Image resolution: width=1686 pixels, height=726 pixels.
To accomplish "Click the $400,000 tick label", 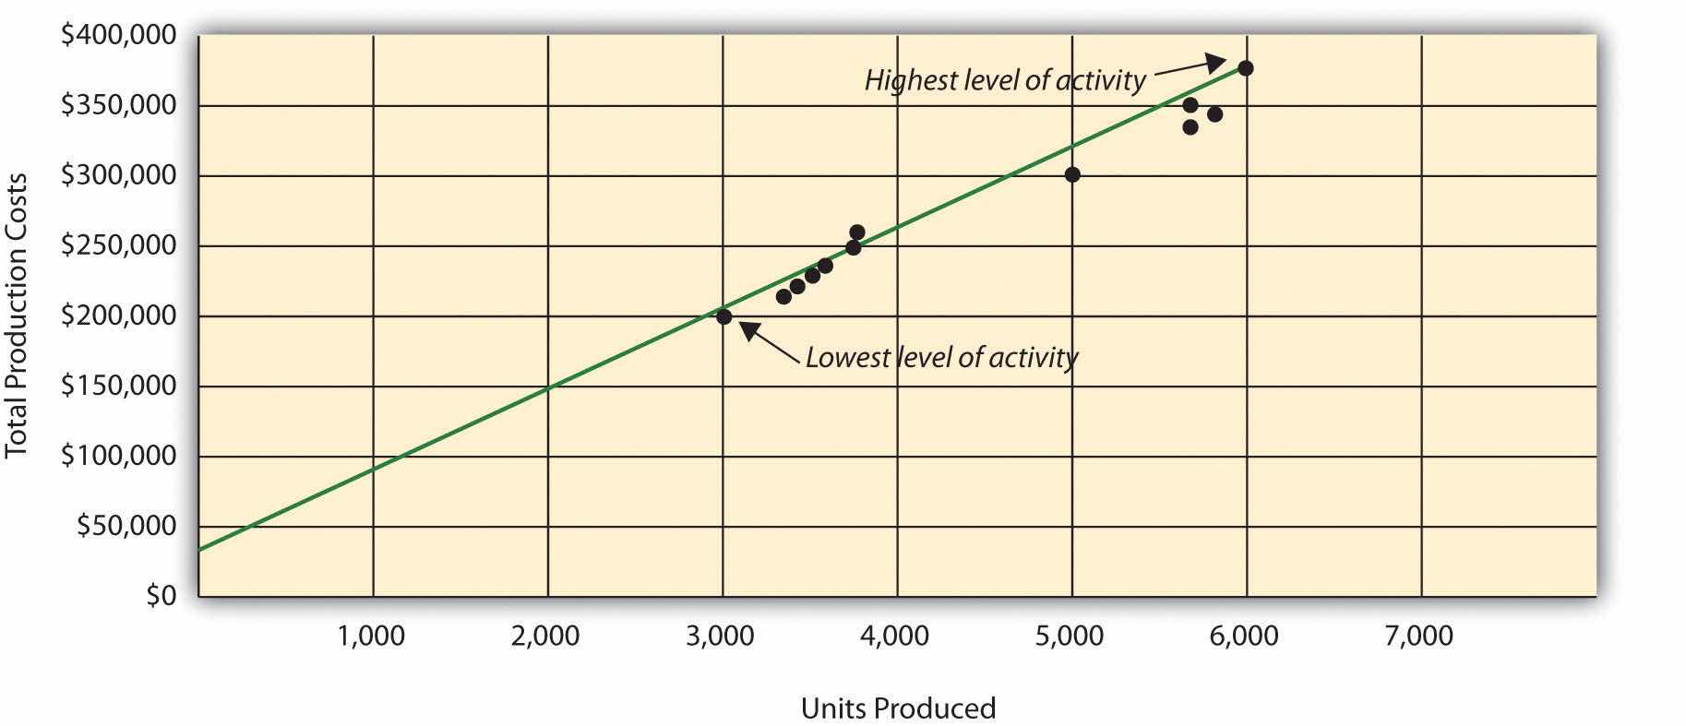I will [118, 36].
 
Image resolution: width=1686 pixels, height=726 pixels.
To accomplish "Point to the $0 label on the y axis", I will [161, 597].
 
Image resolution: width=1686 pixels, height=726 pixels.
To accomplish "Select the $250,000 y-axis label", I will [118, 246].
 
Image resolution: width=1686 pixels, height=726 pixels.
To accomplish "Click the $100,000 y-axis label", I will [118, 457].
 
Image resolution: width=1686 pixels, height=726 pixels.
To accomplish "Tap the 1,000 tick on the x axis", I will [372, 637].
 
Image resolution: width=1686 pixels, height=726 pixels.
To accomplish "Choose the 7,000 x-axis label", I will [1420, 637].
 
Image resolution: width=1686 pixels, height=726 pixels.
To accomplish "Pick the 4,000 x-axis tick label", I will [896, 637].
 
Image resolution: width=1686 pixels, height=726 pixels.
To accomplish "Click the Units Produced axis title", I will [898, 708].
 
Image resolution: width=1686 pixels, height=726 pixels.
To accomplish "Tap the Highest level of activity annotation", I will [1004, 81].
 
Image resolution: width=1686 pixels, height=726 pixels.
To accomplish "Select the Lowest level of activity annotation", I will [941, 357].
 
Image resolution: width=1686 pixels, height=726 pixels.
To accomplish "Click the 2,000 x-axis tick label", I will [546, 637].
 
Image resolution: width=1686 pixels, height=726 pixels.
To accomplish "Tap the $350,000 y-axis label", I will [118, 106].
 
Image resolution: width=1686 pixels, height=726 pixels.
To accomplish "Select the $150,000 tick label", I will [118, 387].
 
